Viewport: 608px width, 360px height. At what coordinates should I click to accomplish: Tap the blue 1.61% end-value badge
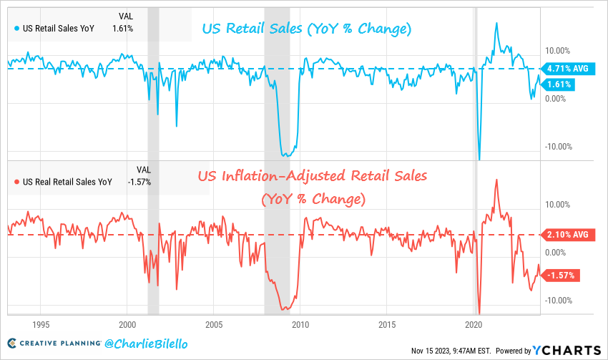pos(560,84)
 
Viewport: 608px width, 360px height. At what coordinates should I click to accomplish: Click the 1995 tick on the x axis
pos(39,323)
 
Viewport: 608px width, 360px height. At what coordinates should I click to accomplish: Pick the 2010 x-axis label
pos(300,323)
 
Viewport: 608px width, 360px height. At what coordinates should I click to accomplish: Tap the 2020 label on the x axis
pos(475,323)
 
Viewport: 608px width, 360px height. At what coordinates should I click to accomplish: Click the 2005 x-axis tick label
pos(213,323)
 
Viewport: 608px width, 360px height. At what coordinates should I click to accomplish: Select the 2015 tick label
pos(388,323)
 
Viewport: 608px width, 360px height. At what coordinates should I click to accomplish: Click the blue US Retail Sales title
pos(307,29)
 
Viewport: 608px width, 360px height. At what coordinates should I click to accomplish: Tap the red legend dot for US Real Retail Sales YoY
pos(17,182)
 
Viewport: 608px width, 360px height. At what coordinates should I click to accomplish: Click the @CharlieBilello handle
pos(147,345)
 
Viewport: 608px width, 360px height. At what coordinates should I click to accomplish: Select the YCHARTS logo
pos(565,349)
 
